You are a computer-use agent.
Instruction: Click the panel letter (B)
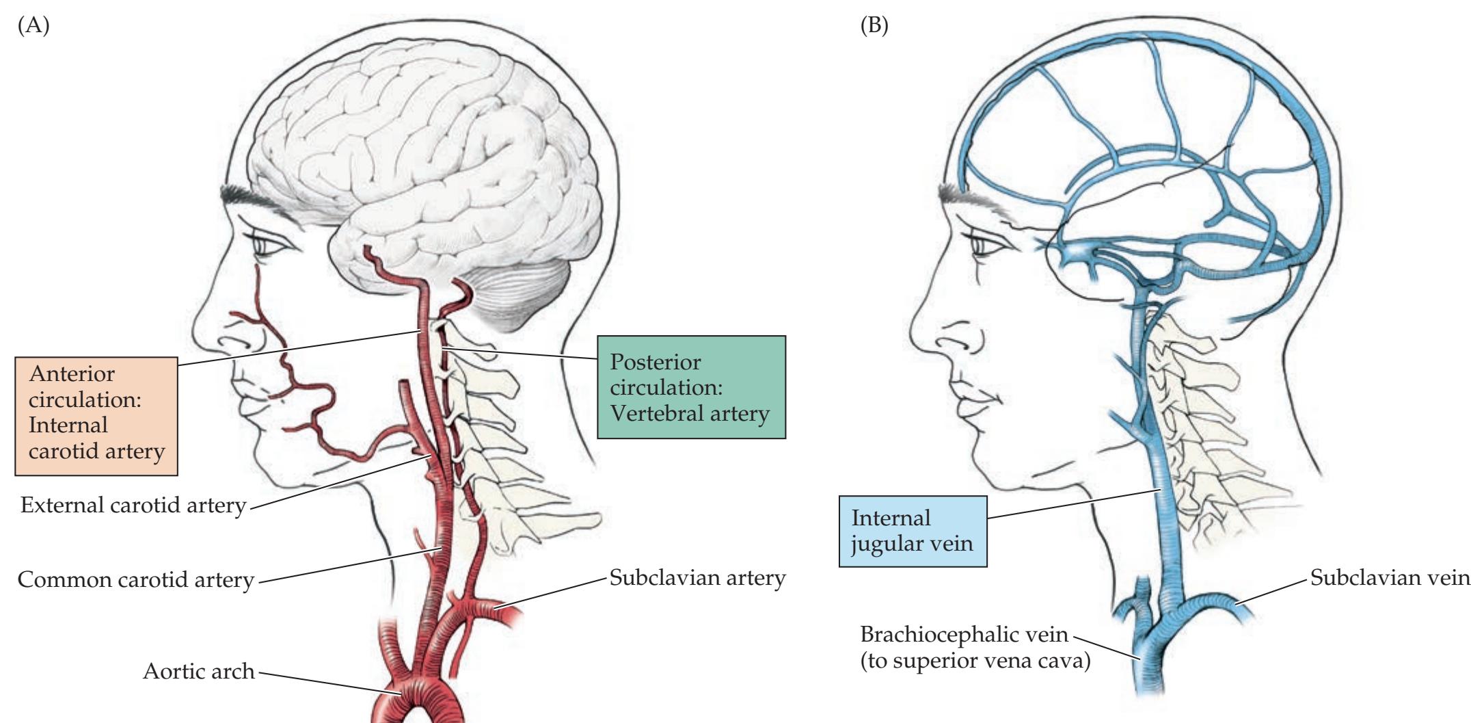pos(873,27)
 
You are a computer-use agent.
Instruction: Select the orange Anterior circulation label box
pos(96,413)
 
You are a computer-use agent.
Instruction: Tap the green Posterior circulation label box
pos(691,387)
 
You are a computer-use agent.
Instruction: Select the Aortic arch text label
pos(198,671)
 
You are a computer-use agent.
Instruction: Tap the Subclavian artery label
pos(697,578)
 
